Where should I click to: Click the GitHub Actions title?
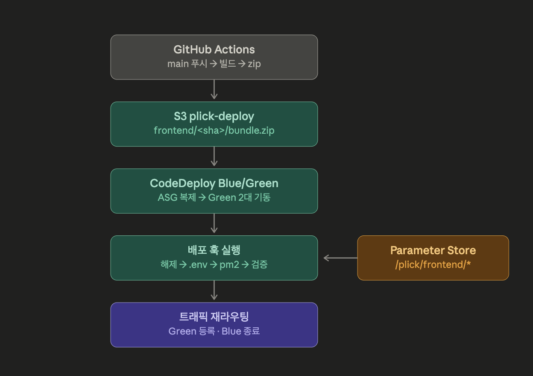pyautogui.click(x=214, y=50)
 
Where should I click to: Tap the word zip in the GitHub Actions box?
pyautogui.click(x=254, y=64)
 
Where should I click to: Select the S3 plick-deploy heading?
pyautogui.click(x=214, y=117)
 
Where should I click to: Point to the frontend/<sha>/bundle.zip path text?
pyautogui.click(x=214, y=130)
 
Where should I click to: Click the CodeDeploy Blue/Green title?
pyautogui.click(x=214, y=183)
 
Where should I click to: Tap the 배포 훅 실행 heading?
pyautogui.click(x=214, y=250)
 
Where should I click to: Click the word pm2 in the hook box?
pyautogui.click(x=229, y=264)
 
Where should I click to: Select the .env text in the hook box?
pyautogui.click(x=198, y=264)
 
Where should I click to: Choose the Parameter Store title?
pyautogui.click(x=433, y=250)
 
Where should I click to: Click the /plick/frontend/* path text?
pyautogui.click(x=433, y=264)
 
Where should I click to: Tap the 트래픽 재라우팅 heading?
pyautogui.click(x=214, y=317)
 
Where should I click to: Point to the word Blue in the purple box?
pyautogui.click(x=231, y=331)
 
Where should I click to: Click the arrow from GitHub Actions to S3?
pyautogui.click(x=214, y=89)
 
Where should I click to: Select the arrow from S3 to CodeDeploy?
pyautogui.click(x=214, y=156)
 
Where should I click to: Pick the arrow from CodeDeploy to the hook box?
pyautogui.click(x=214, y=223)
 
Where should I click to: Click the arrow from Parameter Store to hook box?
pyautogui.click(x=340, y=258)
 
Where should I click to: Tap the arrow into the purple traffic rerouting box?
pyautogui.click(x=214, y=290)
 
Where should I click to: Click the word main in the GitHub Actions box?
pyautogui.click(x=178, y=64)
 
